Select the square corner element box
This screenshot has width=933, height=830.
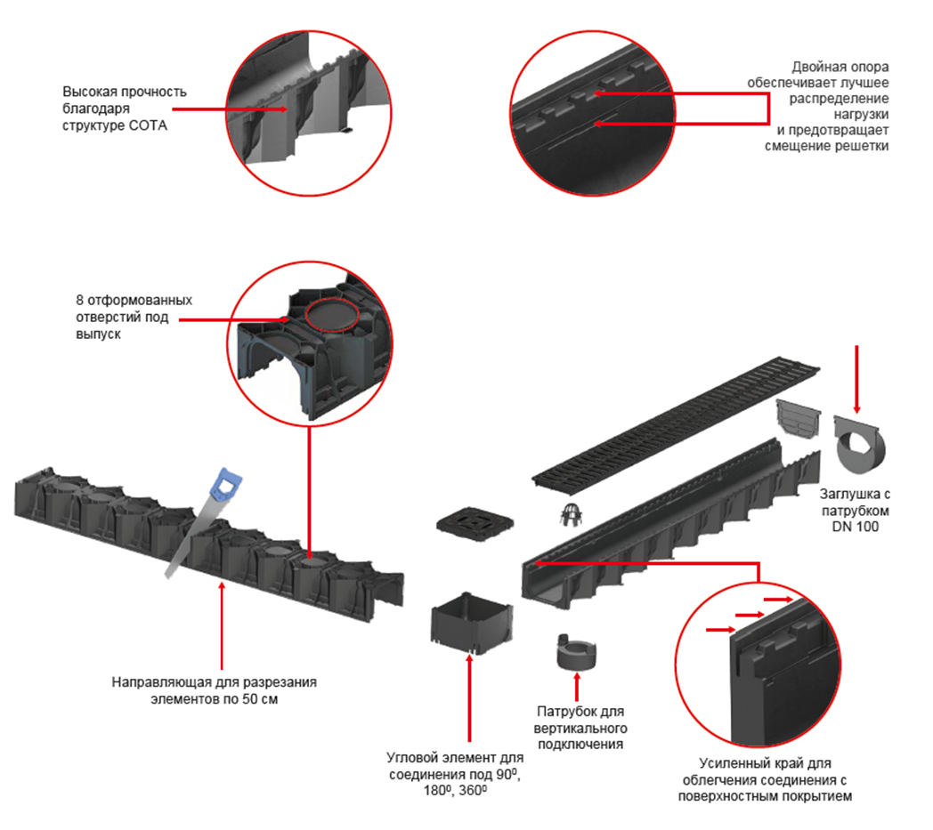(x=471, y=624)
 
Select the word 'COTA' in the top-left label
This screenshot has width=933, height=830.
(x=150, y=125)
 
